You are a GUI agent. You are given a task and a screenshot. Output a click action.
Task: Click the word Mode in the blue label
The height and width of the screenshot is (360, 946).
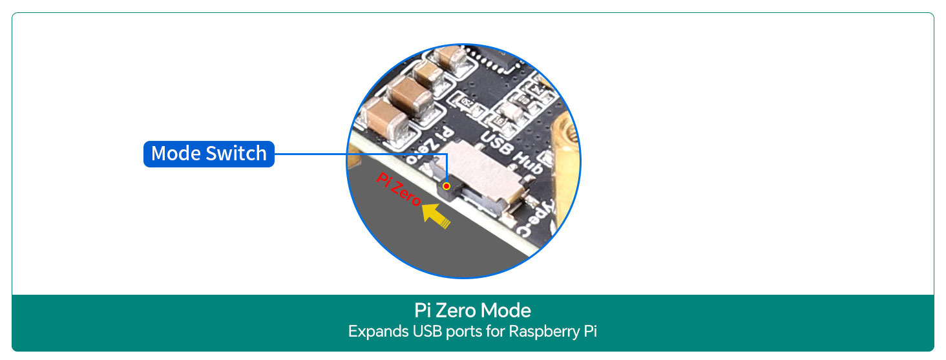click(x=176, y=154)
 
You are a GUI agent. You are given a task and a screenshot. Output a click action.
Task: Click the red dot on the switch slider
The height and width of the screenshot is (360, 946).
click(x=447, y=186)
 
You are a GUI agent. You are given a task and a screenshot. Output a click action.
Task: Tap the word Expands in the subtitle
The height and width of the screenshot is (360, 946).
click(x=377, y=332)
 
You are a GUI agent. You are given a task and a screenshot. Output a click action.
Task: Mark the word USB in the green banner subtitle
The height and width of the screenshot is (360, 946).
click(x=426, y=332)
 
